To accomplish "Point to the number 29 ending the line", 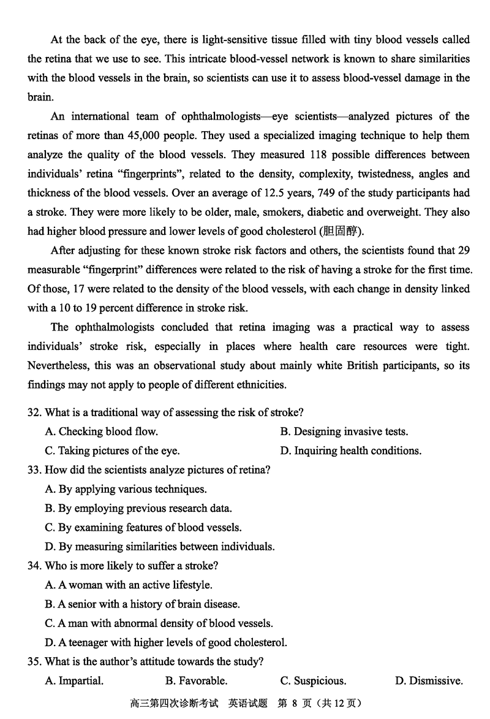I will click(464, 251).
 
